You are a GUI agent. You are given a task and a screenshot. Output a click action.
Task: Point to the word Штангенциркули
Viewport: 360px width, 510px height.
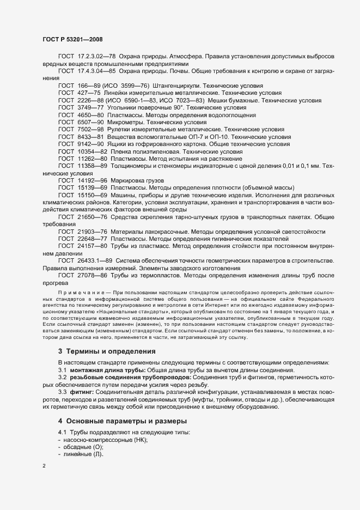point(179,86)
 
